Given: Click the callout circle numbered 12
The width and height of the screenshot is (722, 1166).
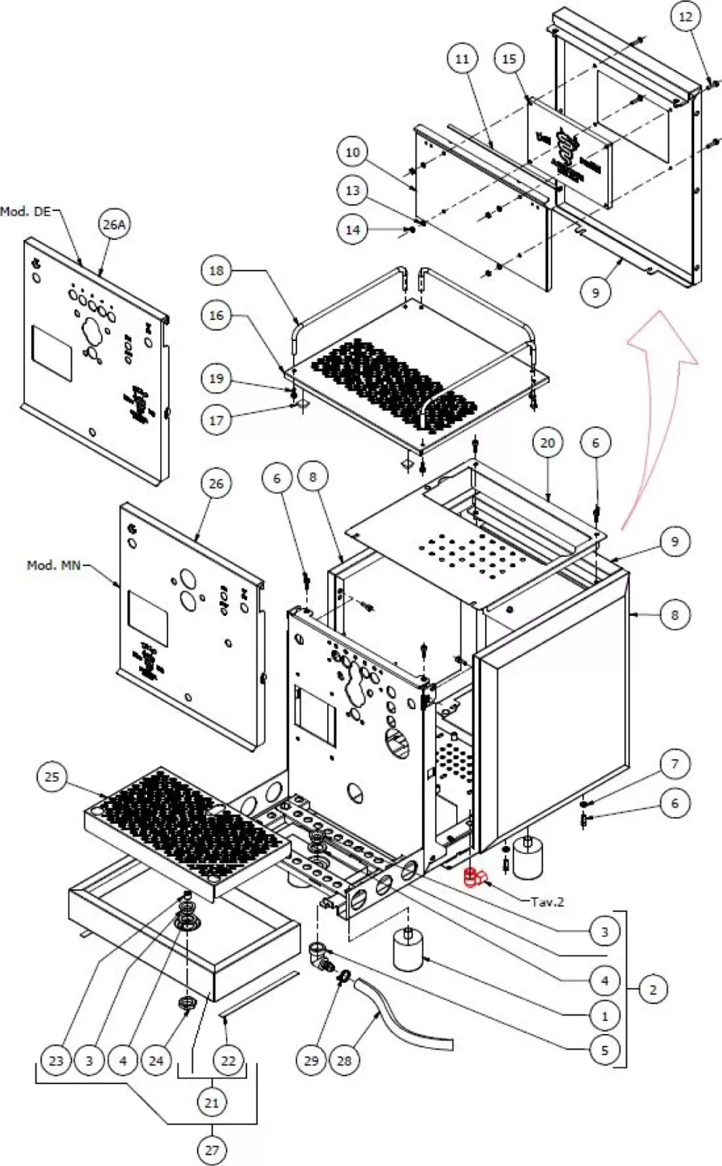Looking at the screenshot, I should click(686, 17).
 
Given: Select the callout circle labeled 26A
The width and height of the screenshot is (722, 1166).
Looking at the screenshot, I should click(114, 224).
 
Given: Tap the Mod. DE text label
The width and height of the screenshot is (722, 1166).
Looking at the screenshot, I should click(25, 211).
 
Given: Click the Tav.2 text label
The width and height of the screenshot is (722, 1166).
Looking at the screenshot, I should click(547, 901).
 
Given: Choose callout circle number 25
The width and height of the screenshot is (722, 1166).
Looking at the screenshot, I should click(52, 777).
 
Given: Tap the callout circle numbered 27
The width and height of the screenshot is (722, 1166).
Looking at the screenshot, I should click(211, 1150).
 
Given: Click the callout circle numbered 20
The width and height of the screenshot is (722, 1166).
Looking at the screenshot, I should click(548, 443).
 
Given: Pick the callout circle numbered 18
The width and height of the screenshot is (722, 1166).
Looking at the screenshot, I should click(216, 270).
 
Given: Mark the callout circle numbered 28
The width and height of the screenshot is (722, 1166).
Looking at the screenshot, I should click(344, 1060).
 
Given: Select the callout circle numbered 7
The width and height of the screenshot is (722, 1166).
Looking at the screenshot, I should click(675, 764).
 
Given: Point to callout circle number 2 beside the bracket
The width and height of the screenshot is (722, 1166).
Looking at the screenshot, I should click(653, 989).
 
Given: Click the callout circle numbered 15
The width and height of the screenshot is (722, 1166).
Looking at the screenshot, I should click(509, 59).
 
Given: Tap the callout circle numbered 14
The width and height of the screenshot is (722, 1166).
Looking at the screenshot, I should click(353, 230).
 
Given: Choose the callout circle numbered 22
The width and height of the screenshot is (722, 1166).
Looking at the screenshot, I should click(228, 1060).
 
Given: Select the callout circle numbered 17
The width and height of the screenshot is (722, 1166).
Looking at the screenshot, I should click(216, 420).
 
